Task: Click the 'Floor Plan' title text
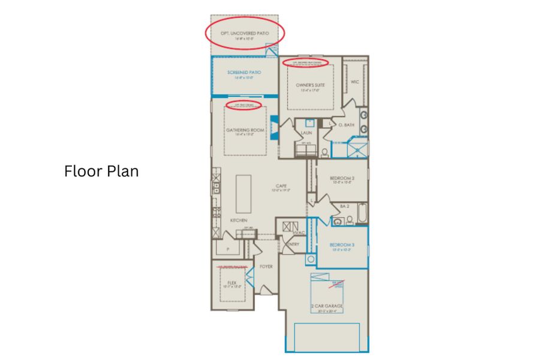tap(101, 171)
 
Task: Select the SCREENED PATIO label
tap(244, 73)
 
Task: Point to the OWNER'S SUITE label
tap(311, 85)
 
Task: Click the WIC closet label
tap(354, 82)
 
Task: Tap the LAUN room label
tap(306, 133)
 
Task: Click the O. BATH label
tap(347, 125)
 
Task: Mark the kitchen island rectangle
tap(244, 193)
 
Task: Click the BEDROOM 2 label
tap(342, 178)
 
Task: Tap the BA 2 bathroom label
tap(344, 206)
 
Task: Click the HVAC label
tap(300, 232)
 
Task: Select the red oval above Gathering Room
tap(247, 105)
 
